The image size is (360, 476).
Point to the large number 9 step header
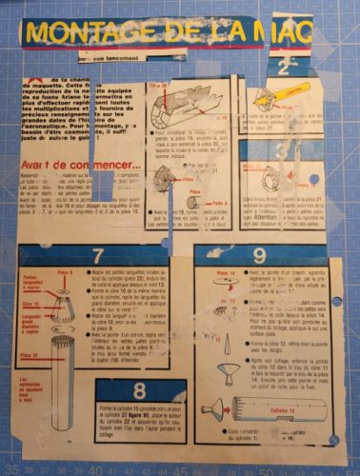pyautogui.click(x=260, y=254)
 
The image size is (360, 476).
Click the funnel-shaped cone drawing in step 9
pyautogui.click(x=226, y=367)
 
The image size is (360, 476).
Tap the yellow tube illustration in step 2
pyautogui.click(x=291, y=94)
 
